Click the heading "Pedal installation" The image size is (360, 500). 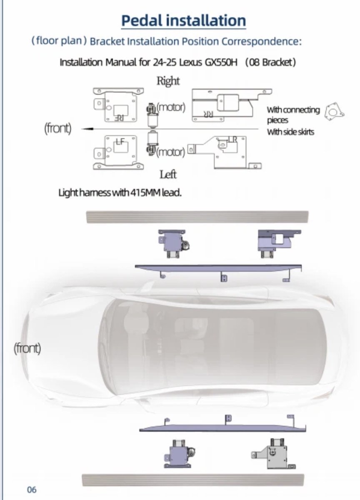click(x=183, y=20)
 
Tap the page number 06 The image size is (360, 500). click(x=32, y=490)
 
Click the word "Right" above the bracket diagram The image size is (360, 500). click(x=168, y=81)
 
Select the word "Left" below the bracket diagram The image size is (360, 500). click(x=168, y=174)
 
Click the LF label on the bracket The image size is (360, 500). click(x=120, y=142)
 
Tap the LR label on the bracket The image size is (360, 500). click(x=232, y=139)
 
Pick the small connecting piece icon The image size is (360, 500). click(x=334, y=112)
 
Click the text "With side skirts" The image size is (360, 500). click(x=290, y=132)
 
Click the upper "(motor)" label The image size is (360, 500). click(x=171, y=107)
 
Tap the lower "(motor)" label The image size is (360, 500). click(x=170, y=152)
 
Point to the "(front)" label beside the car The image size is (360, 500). click(x=27, y=348)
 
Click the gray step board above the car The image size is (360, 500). click(x=197, y=217)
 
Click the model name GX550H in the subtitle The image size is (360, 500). click(x=221, y=62)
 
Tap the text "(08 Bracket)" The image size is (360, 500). click(x=270, y=62)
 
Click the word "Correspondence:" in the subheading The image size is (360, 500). click(x=261, y=41)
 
